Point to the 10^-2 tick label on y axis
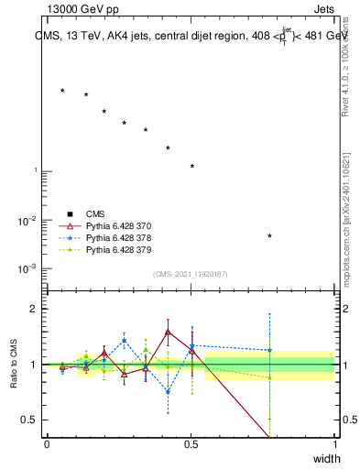coord(27,221)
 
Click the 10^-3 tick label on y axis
coord(27,269)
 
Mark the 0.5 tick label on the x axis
coord(191,443)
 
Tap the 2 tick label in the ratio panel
coord(35,310)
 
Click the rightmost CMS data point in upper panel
coord(269,235)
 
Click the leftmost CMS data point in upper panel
coord(62,90)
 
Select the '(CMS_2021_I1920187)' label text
coord(191,274)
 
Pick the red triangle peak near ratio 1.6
coord(168,332)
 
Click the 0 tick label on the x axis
coord(47,443)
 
